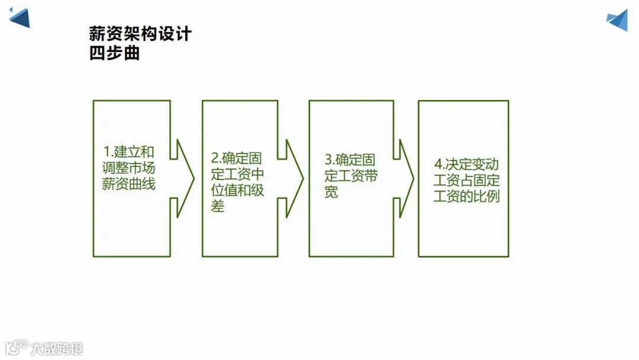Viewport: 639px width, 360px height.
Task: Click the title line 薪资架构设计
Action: (140, 34)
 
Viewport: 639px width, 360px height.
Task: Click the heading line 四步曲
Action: (114, 54)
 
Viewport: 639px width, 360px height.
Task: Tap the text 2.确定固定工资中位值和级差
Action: (237, 182)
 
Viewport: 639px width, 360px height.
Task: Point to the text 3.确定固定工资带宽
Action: (351, 176)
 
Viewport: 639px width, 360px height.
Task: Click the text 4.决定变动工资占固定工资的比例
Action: (466, 180)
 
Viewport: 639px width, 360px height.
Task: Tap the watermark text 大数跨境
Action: (57, 348)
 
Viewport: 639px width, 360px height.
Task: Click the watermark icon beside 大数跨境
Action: (17, 346)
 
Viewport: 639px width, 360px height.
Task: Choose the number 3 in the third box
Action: (328, 159)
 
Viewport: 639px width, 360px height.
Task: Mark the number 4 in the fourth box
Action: (438, 165)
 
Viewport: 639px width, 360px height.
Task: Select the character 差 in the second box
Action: (218, 207)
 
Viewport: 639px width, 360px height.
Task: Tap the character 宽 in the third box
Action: (331, 192)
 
